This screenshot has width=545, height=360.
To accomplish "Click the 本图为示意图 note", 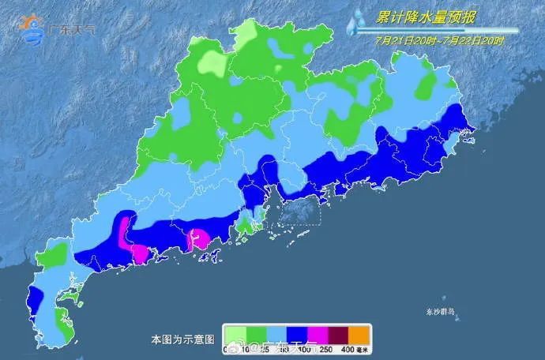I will pos(182,339).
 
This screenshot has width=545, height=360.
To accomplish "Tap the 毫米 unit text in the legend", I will pos(363,349).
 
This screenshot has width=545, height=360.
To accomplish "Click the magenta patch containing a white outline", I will pos(197,238).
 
